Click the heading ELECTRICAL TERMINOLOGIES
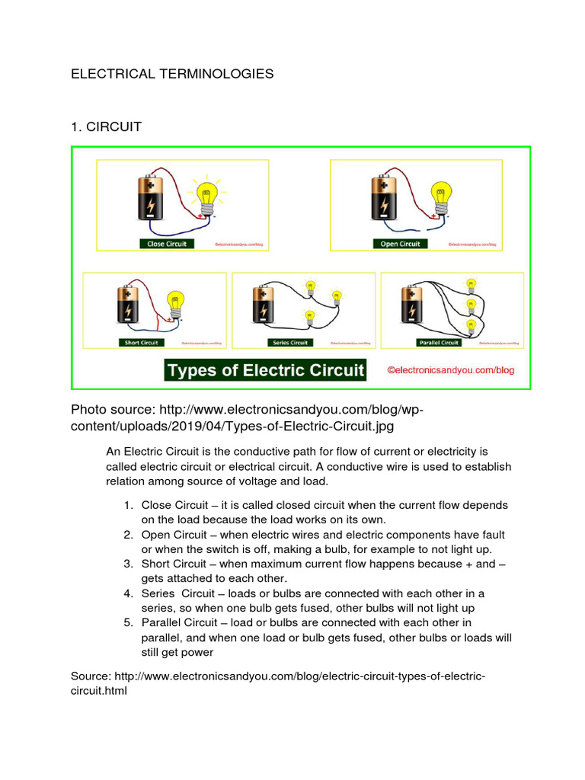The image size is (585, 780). [171, 74]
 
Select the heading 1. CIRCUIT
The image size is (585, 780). [106, 126]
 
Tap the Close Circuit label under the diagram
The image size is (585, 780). [167, 244]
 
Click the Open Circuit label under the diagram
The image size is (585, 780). [400, 244]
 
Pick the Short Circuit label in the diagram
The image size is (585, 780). [142, 343]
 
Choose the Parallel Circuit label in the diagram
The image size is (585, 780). [440, 343]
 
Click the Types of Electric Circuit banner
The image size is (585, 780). [266, 371]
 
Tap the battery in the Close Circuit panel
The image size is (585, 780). [151, 199]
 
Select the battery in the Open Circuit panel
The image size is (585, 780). [384, 199]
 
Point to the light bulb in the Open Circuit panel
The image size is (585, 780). [440, 197]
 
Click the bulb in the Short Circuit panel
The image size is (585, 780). [176, 302]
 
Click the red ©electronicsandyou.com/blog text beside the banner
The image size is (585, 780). [451, 370]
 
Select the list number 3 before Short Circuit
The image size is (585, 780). [128, 564]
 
